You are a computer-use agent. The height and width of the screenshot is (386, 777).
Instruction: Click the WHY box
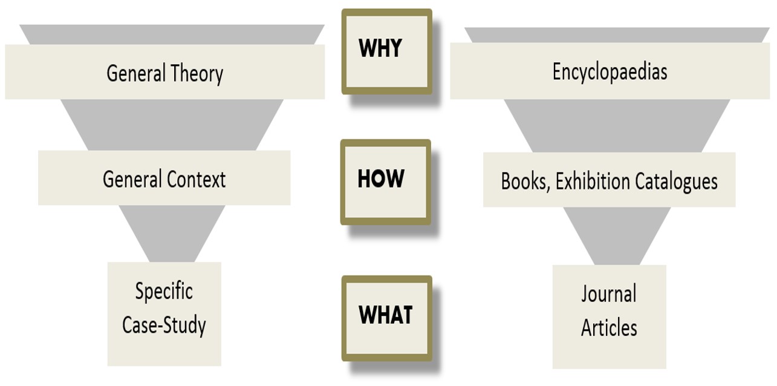[386, 51]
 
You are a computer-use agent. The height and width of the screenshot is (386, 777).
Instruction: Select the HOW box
[385, 182]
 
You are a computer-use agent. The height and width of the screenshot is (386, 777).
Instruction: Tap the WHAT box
[386, 318]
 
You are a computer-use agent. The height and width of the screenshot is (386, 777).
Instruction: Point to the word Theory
[197, 74]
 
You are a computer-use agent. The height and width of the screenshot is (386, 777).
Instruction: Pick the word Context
[197, 180]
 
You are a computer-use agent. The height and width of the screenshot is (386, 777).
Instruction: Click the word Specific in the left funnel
[164, 292]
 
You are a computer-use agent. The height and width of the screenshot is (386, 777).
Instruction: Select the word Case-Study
[164, 325]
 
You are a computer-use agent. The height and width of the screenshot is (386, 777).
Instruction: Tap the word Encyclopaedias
[610, 72]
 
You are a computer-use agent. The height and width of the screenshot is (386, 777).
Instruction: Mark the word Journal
[609, 295]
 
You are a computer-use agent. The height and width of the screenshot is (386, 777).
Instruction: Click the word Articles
[609, 328]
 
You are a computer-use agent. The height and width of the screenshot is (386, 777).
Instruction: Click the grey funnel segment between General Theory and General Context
[172, 125]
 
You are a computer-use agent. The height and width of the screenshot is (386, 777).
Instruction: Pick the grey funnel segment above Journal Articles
[617, 236]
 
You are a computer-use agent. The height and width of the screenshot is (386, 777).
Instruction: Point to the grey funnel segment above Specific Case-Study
[172, 233]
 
